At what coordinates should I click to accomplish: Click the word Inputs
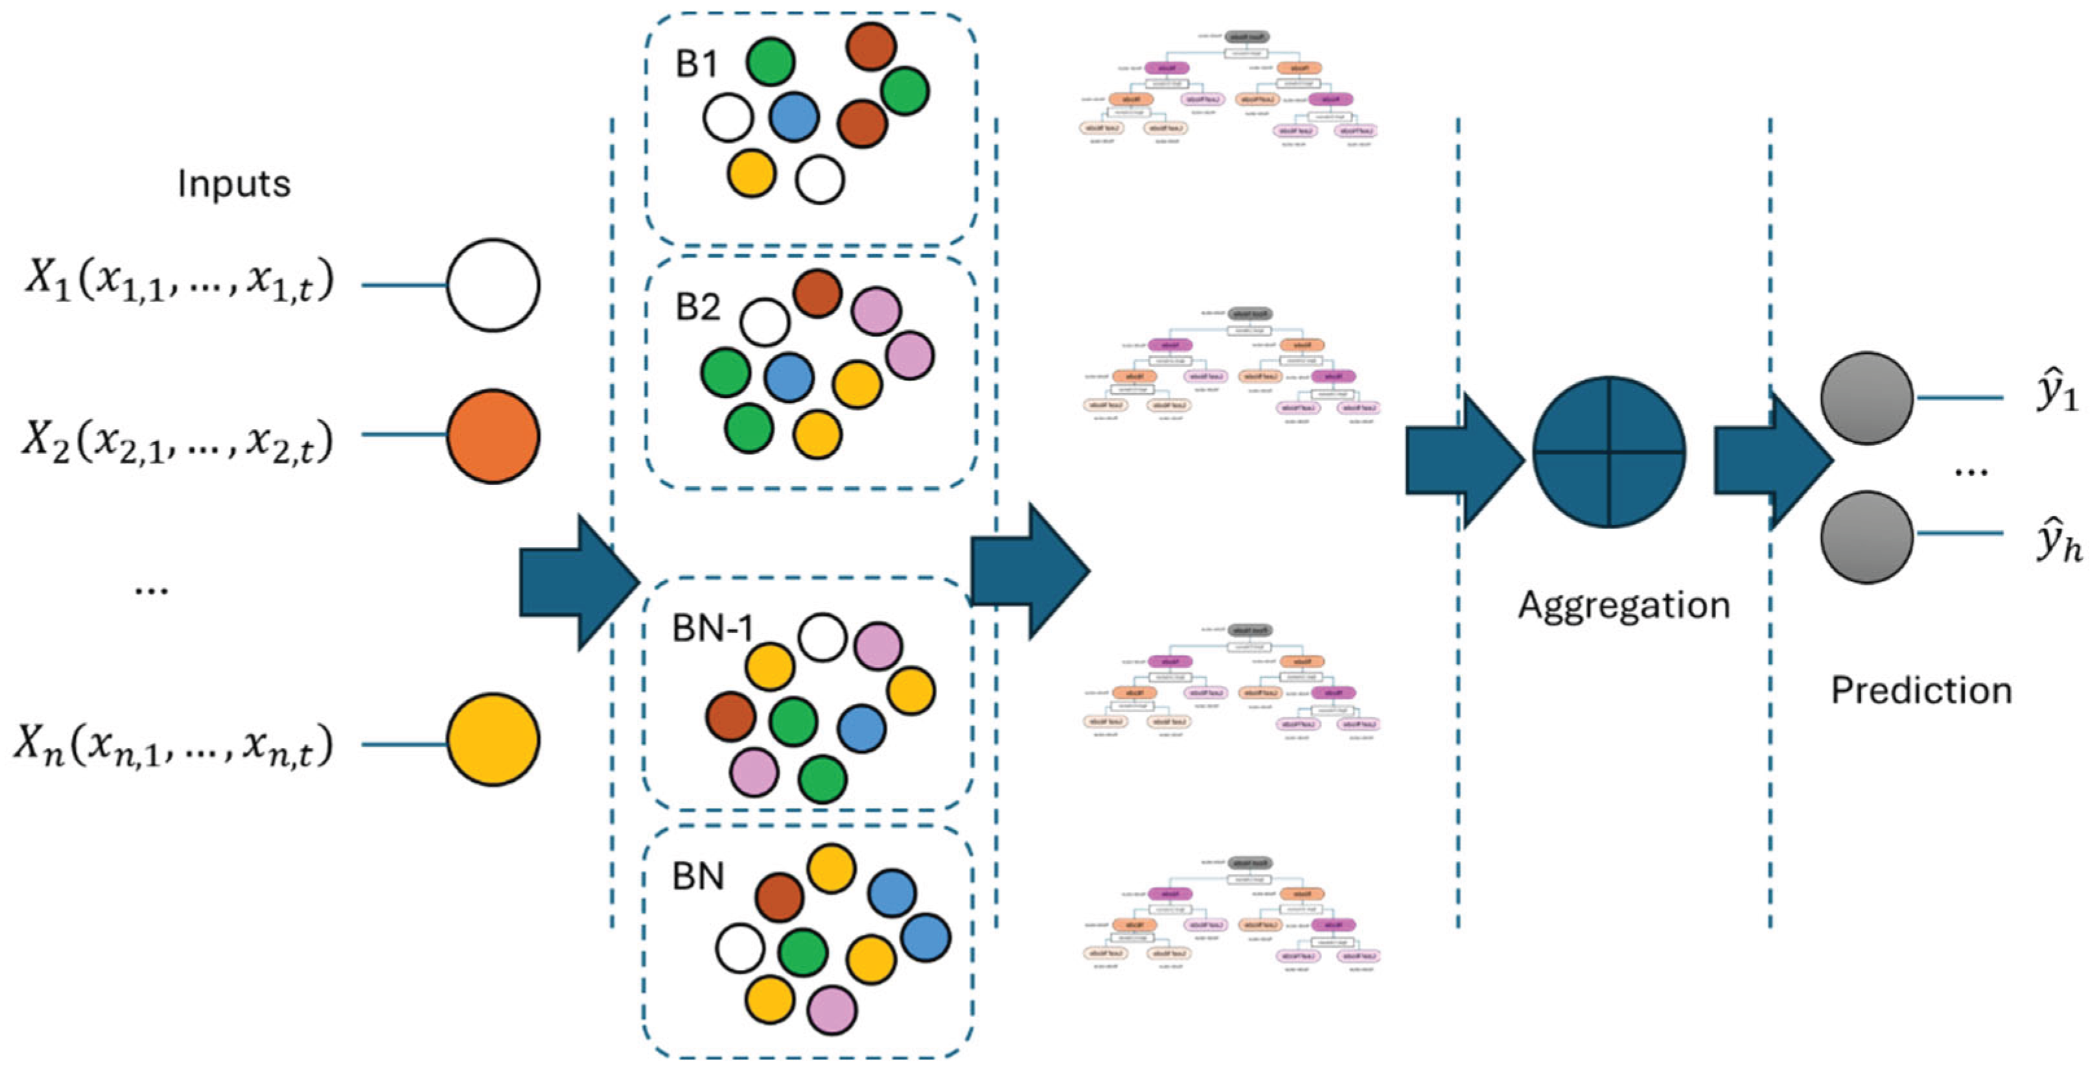tap(234, 184)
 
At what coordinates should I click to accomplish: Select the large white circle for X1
tap(493, 285)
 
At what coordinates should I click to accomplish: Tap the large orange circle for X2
tap(493, 436)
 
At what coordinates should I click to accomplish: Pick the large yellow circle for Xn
tap(493, 739)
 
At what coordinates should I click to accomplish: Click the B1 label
tap(697, 64)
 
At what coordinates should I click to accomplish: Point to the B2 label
tap(698, 307)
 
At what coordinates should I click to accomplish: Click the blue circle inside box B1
tap(793, 117)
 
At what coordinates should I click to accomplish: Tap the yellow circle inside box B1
tap(751, 174)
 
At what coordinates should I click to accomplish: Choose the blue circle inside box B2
tap(789, 377)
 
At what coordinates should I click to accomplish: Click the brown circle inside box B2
tap(817, 294)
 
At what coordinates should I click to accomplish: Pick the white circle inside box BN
tap(740, 948)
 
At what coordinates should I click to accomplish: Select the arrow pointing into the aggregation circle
tap(1464, 460)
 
